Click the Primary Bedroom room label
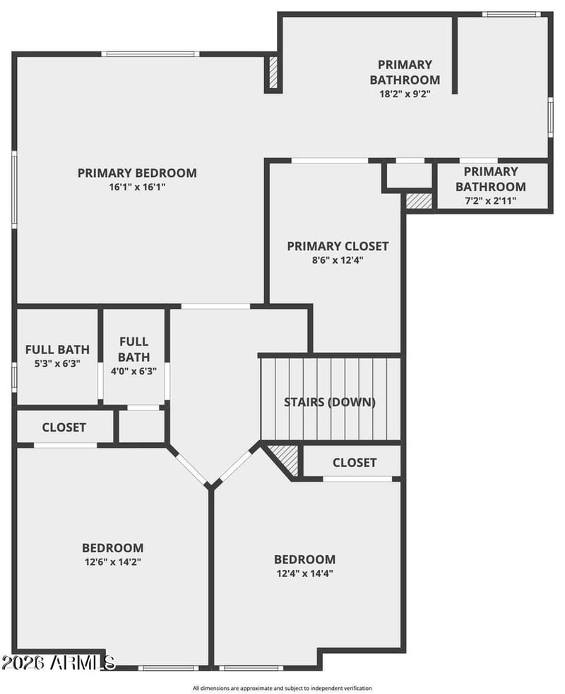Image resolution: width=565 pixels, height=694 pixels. coord(137,173)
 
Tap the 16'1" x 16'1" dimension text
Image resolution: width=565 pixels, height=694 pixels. coord(137,187)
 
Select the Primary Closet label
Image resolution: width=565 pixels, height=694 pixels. coord(338,246)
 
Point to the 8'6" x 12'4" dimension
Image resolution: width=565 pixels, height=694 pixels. coord(338,260)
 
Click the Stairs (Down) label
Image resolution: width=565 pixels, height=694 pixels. coord(330,402)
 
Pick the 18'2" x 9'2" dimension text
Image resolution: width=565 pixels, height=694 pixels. coord(405,94)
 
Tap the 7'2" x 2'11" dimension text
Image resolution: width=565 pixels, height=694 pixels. coord(491,201)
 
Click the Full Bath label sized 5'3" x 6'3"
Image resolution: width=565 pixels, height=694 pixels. coord(57,350)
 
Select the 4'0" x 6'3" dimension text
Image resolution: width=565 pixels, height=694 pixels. coord(133,371)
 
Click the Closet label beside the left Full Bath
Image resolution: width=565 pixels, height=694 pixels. coord(64,427)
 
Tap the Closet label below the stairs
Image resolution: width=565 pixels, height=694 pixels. coord(355,463)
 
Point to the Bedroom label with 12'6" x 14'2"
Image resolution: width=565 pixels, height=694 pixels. coord(112,548)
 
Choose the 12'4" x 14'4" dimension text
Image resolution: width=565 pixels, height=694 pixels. coord(305,573)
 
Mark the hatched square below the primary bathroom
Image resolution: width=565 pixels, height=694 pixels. coord(420,200)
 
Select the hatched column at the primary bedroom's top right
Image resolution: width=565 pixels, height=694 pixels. coord(273,73)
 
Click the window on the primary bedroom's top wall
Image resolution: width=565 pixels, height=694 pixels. coord(150,54)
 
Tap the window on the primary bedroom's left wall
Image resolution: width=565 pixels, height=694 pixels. coord(14,190)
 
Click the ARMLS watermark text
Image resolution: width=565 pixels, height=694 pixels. coord(58,663)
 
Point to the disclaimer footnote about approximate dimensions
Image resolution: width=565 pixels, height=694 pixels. coord(282,688)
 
